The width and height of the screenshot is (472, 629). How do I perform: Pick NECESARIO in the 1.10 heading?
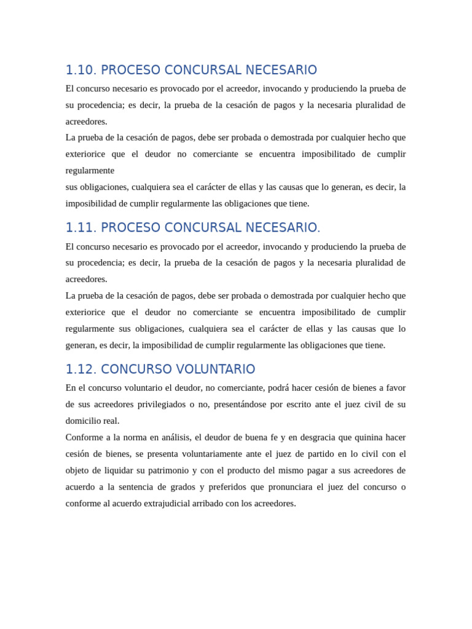pos(281,70)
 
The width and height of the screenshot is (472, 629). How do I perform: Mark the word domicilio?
pos(83,421)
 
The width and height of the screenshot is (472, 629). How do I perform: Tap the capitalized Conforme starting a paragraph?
pos(84,437)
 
